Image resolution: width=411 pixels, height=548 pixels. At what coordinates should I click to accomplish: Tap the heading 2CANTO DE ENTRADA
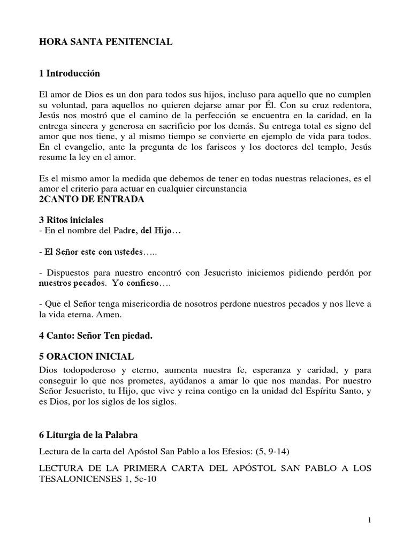pyautogui.click(x=89, y=200)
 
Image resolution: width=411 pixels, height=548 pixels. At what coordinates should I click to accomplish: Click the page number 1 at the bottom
pyautogui.click(x=369, y=520)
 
